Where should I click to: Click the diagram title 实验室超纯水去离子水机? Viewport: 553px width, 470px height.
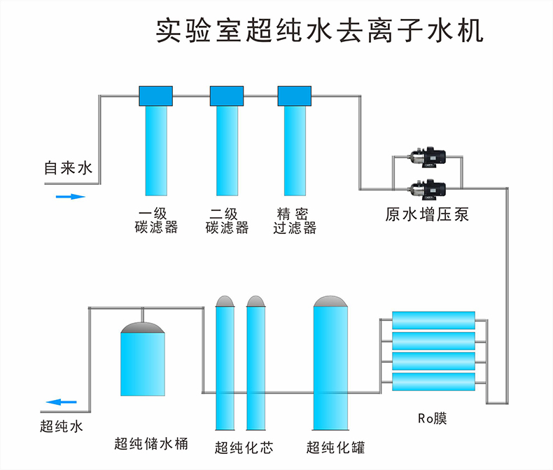[x=318, y=32]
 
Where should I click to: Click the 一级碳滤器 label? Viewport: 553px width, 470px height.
[x=156, y=221]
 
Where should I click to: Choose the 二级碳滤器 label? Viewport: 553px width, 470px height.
[x=226, y=221]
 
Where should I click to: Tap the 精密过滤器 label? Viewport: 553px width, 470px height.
[x=295, y=221]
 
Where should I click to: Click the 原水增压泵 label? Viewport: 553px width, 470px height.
[x=427, y=214]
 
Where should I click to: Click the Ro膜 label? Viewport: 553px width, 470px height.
[x=432, y=419]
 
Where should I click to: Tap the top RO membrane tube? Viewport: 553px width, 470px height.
[x=434, y=321]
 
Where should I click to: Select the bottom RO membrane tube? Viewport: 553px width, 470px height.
[x=434, y=382]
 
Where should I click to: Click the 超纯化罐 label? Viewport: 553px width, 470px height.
[x=336, y=447]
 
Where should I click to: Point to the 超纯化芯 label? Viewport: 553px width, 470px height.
[x=244, y=447]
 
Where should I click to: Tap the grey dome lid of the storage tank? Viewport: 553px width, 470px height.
[x=142, y=326]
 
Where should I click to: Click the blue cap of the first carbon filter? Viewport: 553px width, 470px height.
[x=156, y=95]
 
